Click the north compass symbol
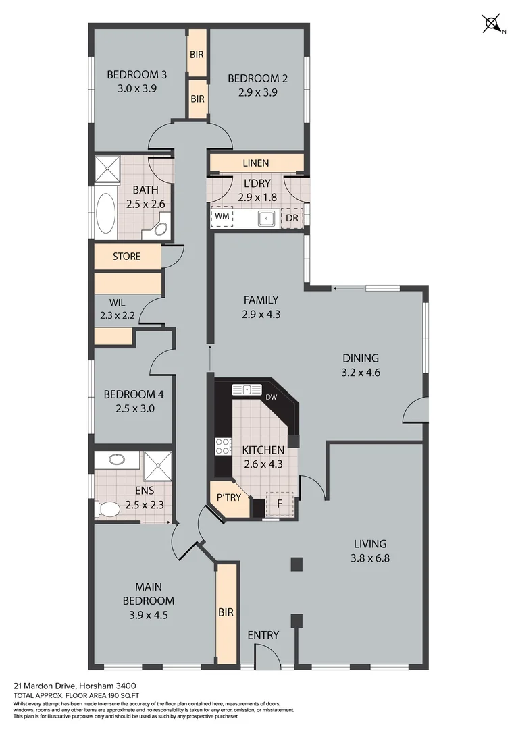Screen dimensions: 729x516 492,24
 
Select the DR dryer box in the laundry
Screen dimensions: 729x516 292,218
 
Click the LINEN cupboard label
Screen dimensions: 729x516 255,163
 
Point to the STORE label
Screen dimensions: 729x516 126,256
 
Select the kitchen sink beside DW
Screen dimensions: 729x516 247,389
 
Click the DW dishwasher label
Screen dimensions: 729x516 272,397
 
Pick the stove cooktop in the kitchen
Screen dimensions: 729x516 222,446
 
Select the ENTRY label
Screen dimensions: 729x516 263,634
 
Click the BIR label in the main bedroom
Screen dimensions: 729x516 226,612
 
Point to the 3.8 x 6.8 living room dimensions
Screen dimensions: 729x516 370,558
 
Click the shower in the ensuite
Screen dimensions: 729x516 158,465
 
